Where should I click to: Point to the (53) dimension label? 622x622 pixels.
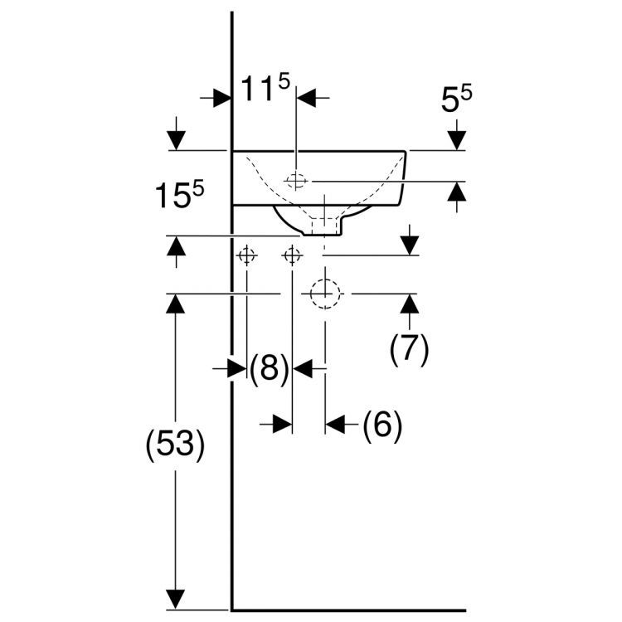(174, 445)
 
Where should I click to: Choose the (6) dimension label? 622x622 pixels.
(382, 425)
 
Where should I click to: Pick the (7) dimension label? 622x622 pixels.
(409, 349)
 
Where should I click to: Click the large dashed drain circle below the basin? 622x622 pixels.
(325, 294)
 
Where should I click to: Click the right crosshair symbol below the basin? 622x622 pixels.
(293, 255)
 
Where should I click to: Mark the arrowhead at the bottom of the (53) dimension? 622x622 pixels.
(175, 598)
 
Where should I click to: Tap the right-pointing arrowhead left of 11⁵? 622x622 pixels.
(221, 98)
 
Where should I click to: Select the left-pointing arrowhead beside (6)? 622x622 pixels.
(334, 425)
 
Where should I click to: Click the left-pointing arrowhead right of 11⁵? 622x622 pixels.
(309, 98)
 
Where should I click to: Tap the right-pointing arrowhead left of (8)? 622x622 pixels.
(238, 368)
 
